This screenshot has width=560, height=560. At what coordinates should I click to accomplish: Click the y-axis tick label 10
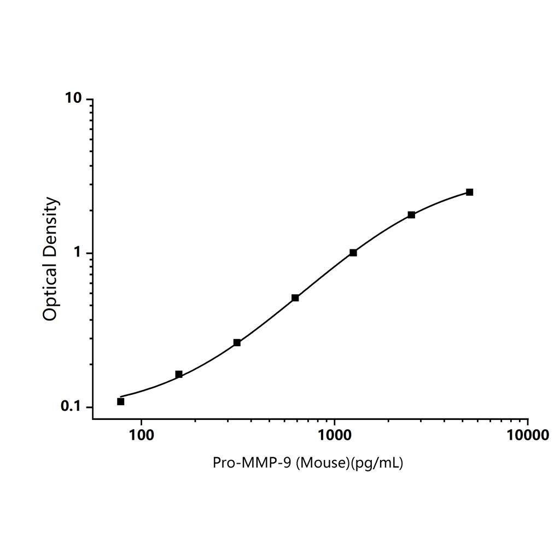point(72,98)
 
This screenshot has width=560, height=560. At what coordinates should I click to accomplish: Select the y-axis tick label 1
point(77,253)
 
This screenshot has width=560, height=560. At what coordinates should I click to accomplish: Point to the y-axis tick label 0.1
point(71,406)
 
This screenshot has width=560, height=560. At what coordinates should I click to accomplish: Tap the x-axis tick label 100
point(142,435)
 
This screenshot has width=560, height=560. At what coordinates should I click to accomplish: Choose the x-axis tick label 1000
point(334,435)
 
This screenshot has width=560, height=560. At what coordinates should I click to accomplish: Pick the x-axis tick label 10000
point(527,435)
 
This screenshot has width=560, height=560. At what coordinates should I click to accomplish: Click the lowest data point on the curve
point(121,401)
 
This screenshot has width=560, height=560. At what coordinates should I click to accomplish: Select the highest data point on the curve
point(470,192)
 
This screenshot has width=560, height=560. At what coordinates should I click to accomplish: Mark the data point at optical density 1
point(353,253)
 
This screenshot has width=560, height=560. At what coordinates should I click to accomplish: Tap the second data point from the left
point(179,375)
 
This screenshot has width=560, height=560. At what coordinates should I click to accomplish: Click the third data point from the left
point(237,342)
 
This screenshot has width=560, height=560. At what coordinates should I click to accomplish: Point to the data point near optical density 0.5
point(295,297)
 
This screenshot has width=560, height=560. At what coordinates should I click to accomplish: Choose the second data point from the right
point(411,215)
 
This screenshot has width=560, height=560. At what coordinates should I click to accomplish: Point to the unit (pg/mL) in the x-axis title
point(377,463)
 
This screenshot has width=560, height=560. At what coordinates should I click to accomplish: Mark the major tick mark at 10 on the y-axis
point(89,99)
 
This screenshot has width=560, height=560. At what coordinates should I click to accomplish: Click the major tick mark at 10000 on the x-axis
point(527,422)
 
